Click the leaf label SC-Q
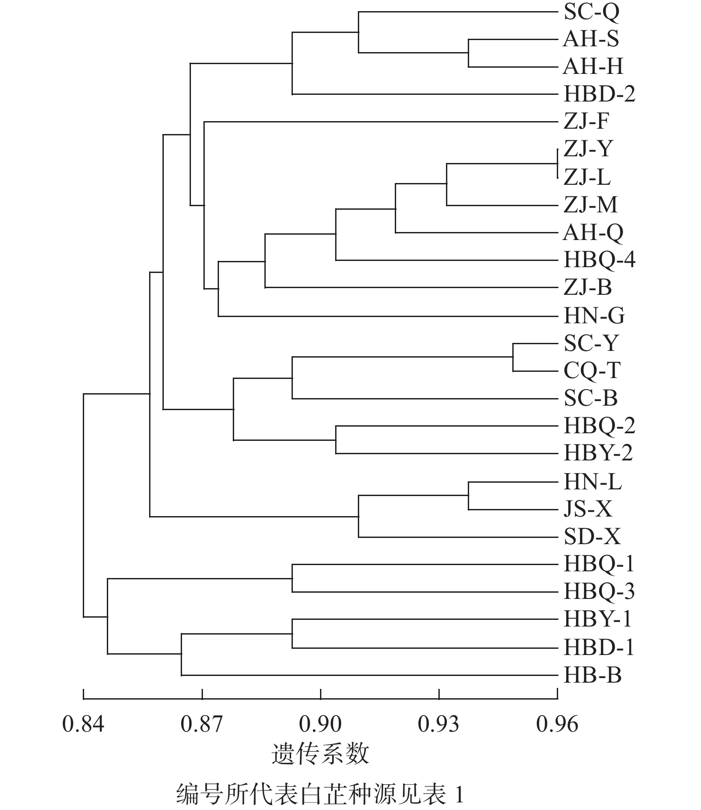[591, 12]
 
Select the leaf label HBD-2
[599, 94]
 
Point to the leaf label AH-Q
[593, 232]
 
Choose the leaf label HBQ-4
[599, 260]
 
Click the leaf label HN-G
[594, 316]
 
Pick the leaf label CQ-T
[592, 371]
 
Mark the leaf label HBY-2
[598, 454]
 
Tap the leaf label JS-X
[588, 509]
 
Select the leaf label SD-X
[592, 537]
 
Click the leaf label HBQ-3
[599, 592]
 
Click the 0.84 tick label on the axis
[83, 725]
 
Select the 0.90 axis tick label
[320, 725]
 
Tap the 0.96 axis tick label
[557, 725]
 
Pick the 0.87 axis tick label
[202, 725]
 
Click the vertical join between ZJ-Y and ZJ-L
[557, 163]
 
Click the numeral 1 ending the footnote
[459, 795]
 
